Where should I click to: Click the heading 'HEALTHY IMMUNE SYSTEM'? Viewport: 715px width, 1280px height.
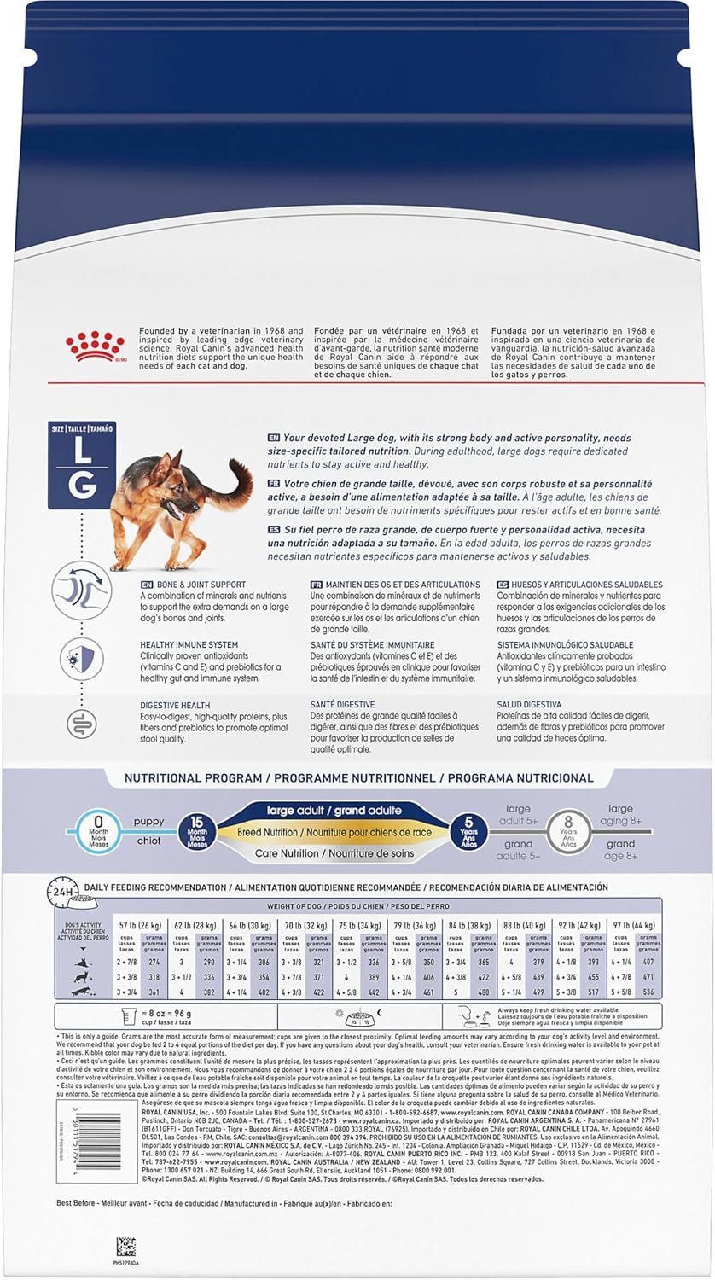click(x=189, y=645)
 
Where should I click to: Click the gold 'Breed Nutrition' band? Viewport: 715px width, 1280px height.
click(x=333, y=832)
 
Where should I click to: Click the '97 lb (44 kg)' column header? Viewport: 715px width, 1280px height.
click(x=632, y=924)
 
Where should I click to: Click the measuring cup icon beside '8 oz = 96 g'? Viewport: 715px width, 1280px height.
click(x=130, y=1016)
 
